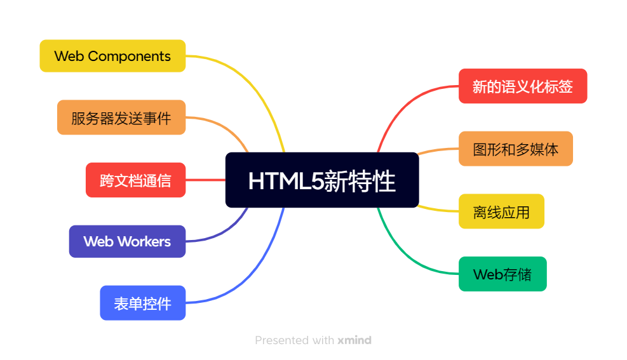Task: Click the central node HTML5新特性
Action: click(322, 180)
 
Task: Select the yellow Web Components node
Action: click(112, 56)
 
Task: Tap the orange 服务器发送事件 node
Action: click(121, 117)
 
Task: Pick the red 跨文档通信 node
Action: click(135, 180)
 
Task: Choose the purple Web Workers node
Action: click(127, 241)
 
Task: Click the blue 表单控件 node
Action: click(143, 303)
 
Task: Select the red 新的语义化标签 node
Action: click(522, 86)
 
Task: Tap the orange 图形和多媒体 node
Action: click(515, 149)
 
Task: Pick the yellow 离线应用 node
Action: click(501, 211)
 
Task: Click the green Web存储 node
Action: click(502, 274)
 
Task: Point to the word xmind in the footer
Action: click(354, 340)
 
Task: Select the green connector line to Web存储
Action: click(407, 253)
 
